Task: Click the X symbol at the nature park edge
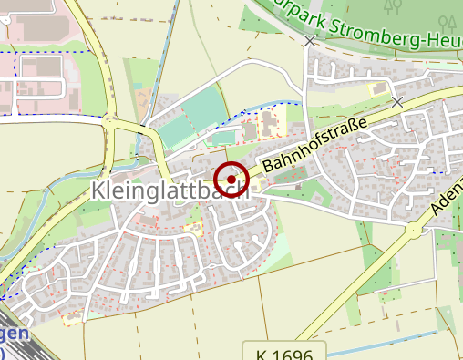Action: point(310,41)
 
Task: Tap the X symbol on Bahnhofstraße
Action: point(397,102)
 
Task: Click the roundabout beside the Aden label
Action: point(415,231)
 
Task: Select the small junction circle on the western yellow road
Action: point(109,118)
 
